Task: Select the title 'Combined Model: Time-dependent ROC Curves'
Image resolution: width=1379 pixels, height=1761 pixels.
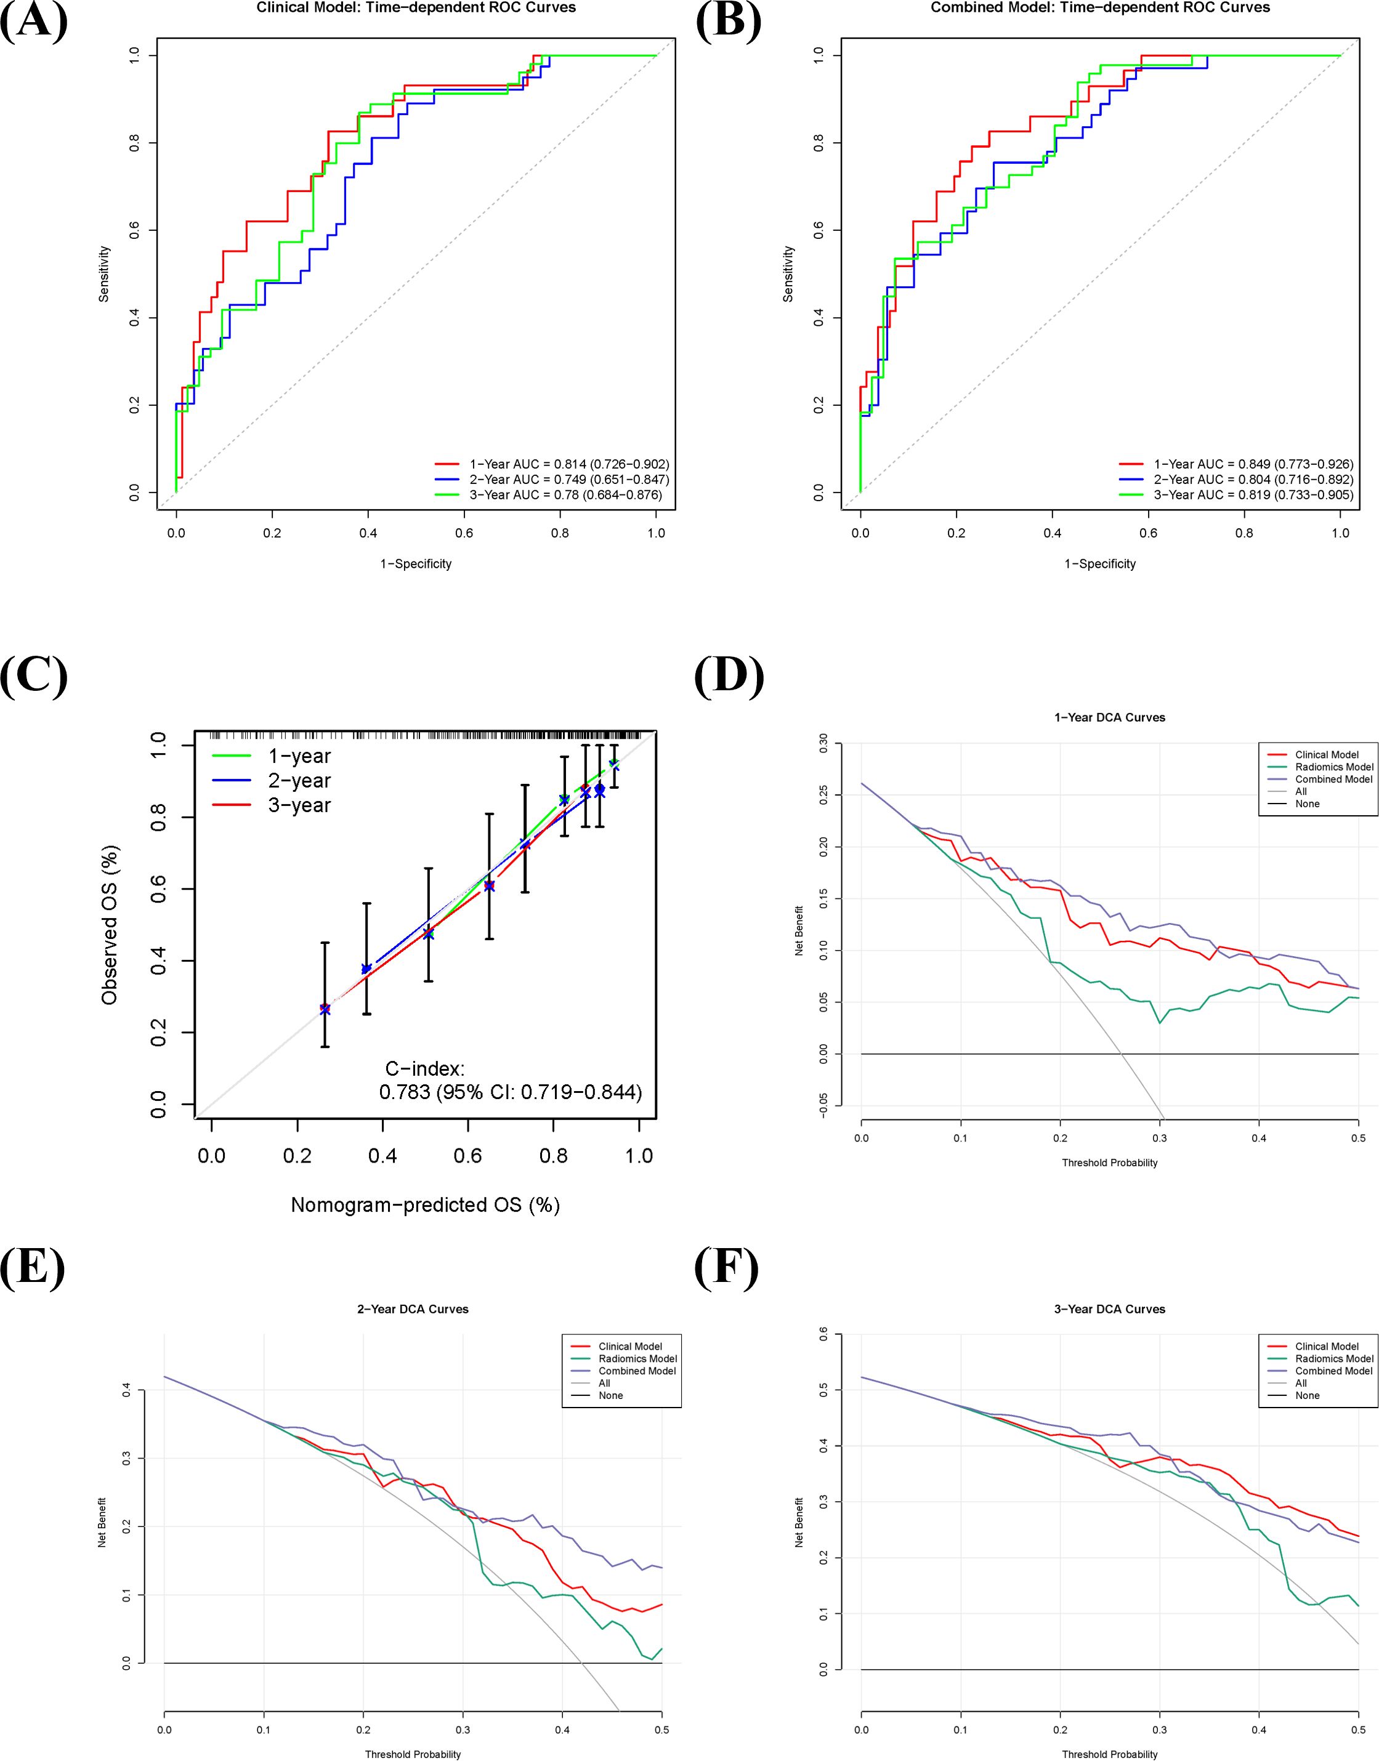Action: point(1099,8)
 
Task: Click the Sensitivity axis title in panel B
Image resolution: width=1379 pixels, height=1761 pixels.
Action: point(789,275)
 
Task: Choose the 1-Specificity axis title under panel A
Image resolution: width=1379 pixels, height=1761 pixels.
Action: point(416,564)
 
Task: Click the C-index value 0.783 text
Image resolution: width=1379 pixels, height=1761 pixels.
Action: point(510,1093)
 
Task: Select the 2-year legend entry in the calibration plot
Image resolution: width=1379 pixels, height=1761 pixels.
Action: point(299,780)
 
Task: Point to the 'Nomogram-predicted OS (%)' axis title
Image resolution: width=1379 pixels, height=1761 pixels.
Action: point(425,1205)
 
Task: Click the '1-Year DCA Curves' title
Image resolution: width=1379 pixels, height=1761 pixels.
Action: point(1109,717)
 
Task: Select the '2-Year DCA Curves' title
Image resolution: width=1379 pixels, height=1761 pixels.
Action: point(413,1309)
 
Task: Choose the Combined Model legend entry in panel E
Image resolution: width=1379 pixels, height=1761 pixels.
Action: point(637,1371)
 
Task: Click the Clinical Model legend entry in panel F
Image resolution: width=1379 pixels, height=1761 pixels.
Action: point(1327,1346)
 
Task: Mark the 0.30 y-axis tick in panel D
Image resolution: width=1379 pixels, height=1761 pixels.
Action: point(823,743)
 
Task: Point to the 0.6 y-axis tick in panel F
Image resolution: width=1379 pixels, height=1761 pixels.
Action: point(823,1336)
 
